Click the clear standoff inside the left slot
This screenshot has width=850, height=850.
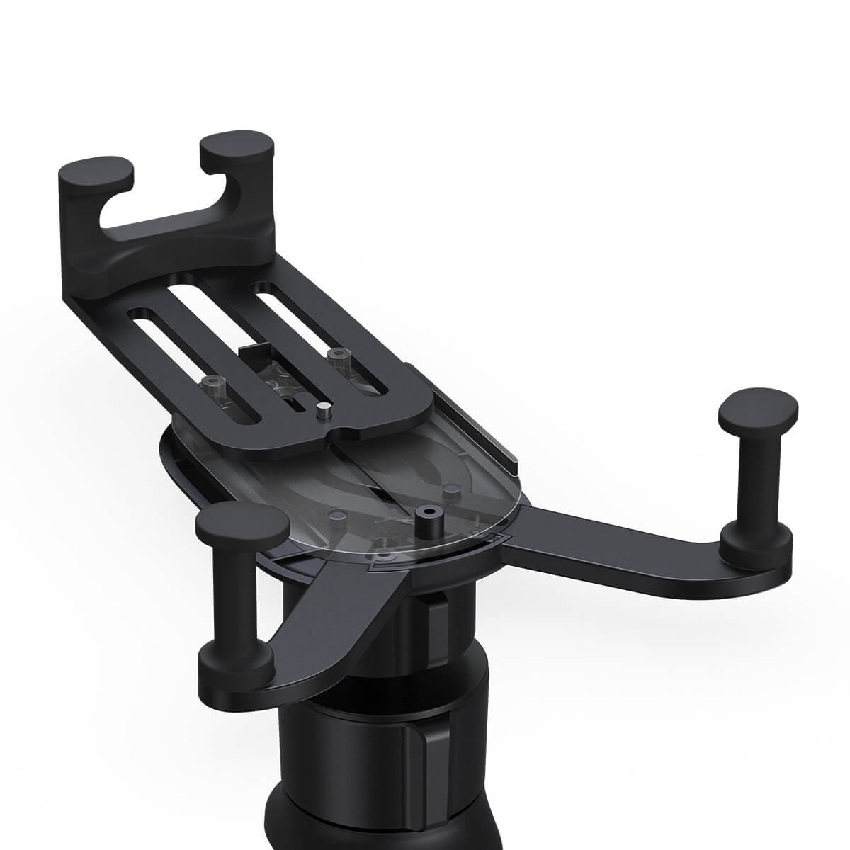(x=210, y=386)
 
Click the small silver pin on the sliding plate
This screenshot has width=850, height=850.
(x=322, y=409)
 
